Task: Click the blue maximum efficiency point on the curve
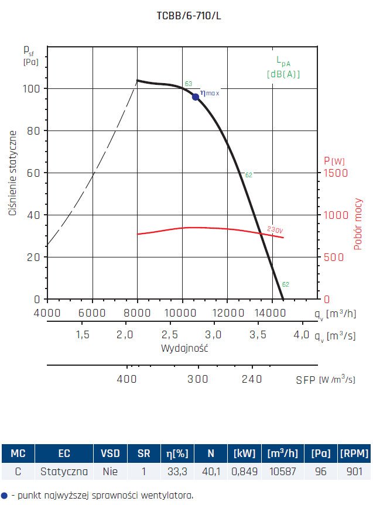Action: tap(196, 97)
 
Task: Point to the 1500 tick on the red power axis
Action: tap(337, 173)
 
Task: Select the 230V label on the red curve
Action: tap(275, 229)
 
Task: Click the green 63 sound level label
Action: tap(188, 84)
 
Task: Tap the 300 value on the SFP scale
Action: tap(198, 379)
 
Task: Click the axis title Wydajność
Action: tap(185, 348)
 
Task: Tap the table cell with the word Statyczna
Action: tap(64, 471)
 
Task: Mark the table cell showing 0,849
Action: tap(244, 471)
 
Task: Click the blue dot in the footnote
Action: tap(5, 495)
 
